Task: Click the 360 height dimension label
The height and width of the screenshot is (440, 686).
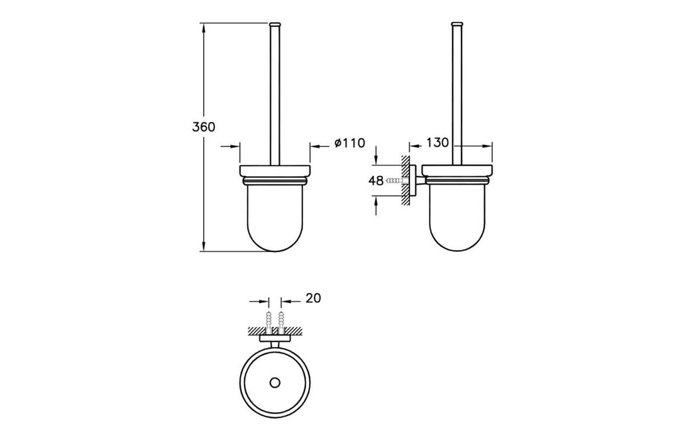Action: [x=204, y=127]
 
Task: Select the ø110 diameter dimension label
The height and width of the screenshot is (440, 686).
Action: [x=350, y=143]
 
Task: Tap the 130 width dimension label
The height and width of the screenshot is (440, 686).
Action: [x=438, y=143]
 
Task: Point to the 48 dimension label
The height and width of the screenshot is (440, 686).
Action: [x=376, y=180]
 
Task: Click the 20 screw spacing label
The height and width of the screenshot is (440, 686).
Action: [x=313, y=298]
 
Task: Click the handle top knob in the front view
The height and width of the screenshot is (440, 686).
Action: [x=275, y=24]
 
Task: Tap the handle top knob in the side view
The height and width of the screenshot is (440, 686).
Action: [x=456, y=24]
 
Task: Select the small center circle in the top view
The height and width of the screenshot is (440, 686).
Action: [x=275, y=383]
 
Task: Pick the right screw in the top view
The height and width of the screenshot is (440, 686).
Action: [x=280, y=319]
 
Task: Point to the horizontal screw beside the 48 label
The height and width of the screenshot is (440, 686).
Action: [x=394, y=180]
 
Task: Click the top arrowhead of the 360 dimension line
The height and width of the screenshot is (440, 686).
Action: [x=204, y=27]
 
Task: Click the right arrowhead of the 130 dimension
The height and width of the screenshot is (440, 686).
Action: [x=488, y=146]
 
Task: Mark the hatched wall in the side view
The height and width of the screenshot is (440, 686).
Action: [x=406, y=180]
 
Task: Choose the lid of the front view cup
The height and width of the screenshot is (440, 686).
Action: [x=275, y=171]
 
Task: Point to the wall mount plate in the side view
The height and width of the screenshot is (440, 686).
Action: [x=412, y=180]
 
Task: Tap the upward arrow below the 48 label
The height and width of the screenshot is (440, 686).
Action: [x=376, y=206]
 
